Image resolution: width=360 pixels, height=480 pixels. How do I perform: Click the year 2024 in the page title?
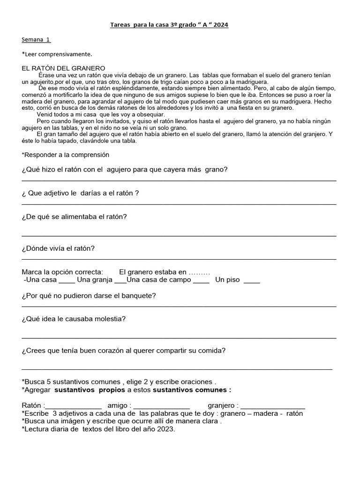pyautogui.click(x=219, y=25)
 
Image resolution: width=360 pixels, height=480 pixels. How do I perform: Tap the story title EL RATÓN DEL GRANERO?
pyautogui.click(x=63, y=68)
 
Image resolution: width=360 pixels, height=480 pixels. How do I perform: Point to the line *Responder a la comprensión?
pyautogui.click(x=65, y=155)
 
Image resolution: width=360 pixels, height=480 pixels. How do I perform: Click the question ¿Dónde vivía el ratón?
pyautogui.click(x=58, y=248)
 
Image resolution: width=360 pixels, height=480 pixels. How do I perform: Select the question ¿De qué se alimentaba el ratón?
pyautogui.click(x=74, y=217)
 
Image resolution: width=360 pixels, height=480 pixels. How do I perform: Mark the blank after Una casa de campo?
pyautogui.click(x=201, y=280)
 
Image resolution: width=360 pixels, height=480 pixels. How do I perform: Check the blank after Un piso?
pyautogui.click(x=252, y=280)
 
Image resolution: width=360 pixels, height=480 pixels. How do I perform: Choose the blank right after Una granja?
pyautogui.click(x=120, y=280)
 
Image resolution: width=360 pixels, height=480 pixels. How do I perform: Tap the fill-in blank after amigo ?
pyautogui.click(x=161, y=406)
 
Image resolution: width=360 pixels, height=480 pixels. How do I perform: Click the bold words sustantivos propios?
pyautogui.click(x=90, y=390)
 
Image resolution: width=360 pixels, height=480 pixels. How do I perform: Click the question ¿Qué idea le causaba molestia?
pyautogui.click(x=74, y=319)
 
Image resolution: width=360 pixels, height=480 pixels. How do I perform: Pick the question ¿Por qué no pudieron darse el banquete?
pyautogui.click(x=89, y=296)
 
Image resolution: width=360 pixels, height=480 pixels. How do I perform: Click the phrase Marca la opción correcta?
pyautogui.click(x=62, y=272)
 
